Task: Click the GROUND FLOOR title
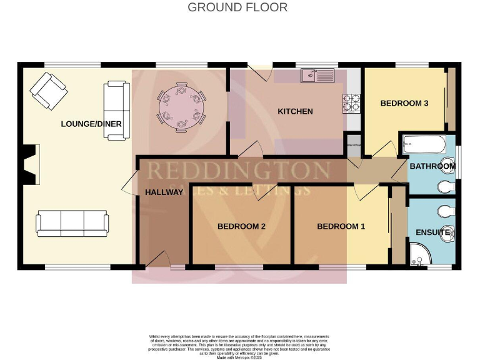tap(237, 7)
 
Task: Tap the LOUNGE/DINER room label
tap(91, 124)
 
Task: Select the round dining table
tap(181, 107)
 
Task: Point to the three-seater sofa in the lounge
tap(72, 222)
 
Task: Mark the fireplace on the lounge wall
tap(29, 164)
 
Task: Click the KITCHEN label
tap(295, 112)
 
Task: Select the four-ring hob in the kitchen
tap(351, 102)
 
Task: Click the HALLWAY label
tap(164, 192)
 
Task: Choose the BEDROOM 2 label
tap(242, 226)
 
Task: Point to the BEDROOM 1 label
tap(341, 226)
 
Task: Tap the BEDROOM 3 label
tap(404, 103)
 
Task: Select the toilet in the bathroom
tap(446, 186)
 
